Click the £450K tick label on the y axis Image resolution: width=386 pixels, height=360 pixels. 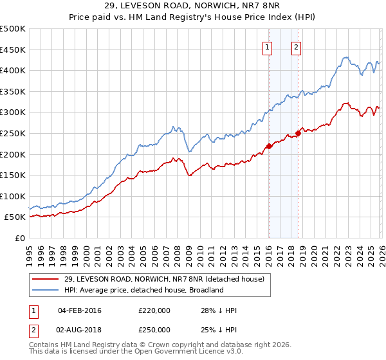point(12,50)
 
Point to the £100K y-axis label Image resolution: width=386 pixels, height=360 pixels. point(12,196)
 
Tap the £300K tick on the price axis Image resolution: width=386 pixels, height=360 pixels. point(12,113)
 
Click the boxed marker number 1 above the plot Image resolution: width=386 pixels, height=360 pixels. point(267,46)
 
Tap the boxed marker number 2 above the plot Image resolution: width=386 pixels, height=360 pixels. point(296,46)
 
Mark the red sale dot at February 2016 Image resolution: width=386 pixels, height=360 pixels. point(269,146)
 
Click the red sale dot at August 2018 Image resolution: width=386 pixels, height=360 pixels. point(298,134)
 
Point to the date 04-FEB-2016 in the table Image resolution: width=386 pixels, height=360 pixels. point(80,310)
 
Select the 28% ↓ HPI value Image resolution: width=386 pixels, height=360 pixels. point(219,310)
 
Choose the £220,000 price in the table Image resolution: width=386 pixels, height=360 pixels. point(154,310)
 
